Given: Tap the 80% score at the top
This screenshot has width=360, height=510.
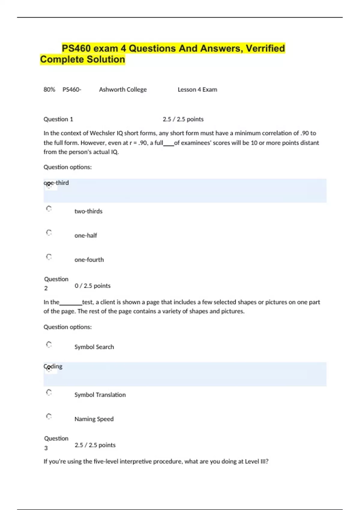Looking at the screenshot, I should [49, 89].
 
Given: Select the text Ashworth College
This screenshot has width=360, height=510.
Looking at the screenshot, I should [123, 89].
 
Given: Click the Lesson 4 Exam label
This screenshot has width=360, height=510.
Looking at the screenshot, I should [197, 89].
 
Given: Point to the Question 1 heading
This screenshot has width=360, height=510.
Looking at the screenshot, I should [58, 119].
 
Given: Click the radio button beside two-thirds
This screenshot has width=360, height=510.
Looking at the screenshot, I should [49, 208].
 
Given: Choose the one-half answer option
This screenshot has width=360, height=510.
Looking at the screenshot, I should [85, 235].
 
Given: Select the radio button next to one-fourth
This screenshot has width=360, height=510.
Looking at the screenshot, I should [49, 257].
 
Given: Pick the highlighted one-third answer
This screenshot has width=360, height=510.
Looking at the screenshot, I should [56, 183].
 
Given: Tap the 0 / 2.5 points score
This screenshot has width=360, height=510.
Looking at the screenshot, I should [92, 286].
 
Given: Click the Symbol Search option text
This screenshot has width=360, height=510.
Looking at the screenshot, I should [94, 347].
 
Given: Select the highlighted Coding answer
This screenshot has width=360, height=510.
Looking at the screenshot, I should [53, 366].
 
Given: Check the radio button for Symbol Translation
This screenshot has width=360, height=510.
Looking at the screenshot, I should [49, 392].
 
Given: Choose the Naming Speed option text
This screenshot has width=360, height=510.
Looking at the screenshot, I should [94, 419].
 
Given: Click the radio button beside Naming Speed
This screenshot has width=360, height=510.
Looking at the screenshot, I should [49, 416].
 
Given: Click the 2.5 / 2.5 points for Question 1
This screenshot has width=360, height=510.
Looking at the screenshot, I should [183, 119].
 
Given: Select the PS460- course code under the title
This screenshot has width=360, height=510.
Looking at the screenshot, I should [72, 89].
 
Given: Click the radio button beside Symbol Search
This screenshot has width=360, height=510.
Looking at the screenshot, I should [49, 344].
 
